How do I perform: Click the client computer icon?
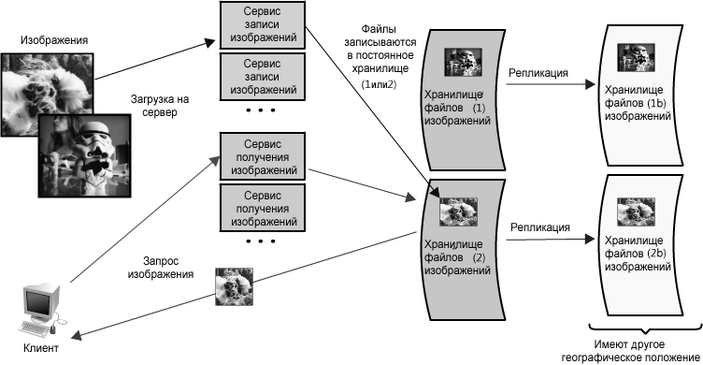41,311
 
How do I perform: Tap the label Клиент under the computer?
41,348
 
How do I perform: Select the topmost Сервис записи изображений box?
263,24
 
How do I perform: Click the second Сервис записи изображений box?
263,77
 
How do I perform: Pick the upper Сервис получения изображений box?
263,156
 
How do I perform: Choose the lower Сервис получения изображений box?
263,209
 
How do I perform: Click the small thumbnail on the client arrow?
234,287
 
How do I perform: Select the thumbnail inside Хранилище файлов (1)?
463,62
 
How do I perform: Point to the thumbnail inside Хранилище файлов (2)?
458,212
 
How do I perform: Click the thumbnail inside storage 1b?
636,57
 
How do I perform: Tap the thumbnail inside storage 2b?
636,212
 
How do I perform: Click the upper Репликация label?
538,73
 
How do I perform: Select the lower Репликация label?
540,227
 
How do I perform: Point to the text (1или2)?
379,84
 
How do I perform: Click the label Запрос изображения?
161,268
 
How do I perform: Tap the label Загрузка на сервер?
160,106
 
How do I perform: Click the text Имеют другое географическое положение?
629,351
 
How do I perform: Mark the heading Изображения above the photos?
54,40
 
